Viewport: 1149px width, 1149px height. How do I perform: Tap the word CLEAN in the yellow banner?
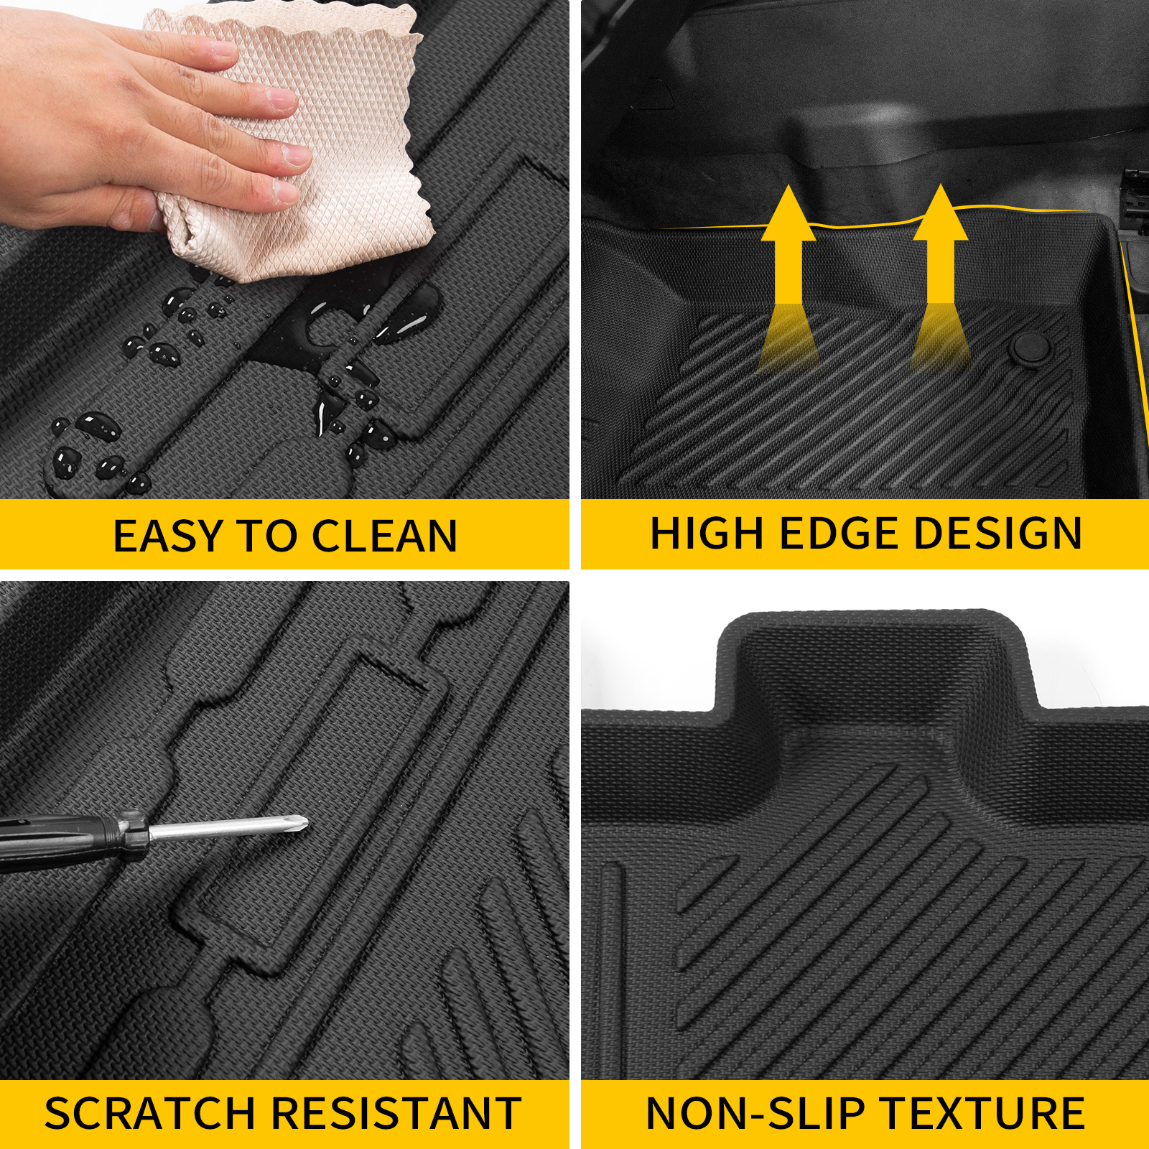[384, 536]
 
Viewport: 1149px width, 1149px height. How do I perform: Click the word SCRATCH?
[149, 1114]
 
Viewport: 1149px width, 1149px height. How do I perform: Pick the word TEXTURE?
[983, 1114]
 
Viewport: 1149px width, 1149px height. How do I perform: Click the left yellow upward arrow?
[789, 251]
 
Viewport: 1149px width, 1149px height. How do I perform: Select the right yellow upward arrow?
[940, 251]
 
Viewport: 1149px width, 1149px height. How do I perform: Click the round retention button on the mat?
[1029, 348]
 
